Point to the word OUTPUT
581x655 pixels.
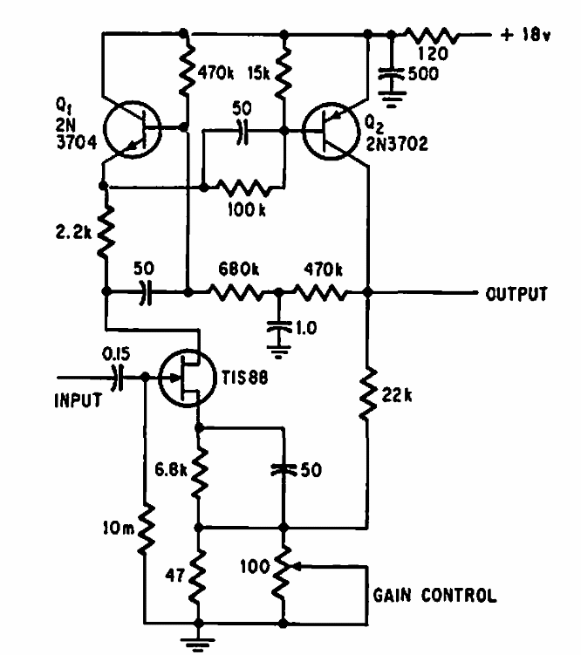click(x=516, y=293)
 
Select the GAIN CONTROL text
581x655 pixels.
click(x=434, y=597)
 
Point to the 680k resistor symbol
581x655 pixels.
click(x=234, y=293)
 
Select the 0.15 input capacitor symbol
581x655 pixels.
click(x=120, y=377)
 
